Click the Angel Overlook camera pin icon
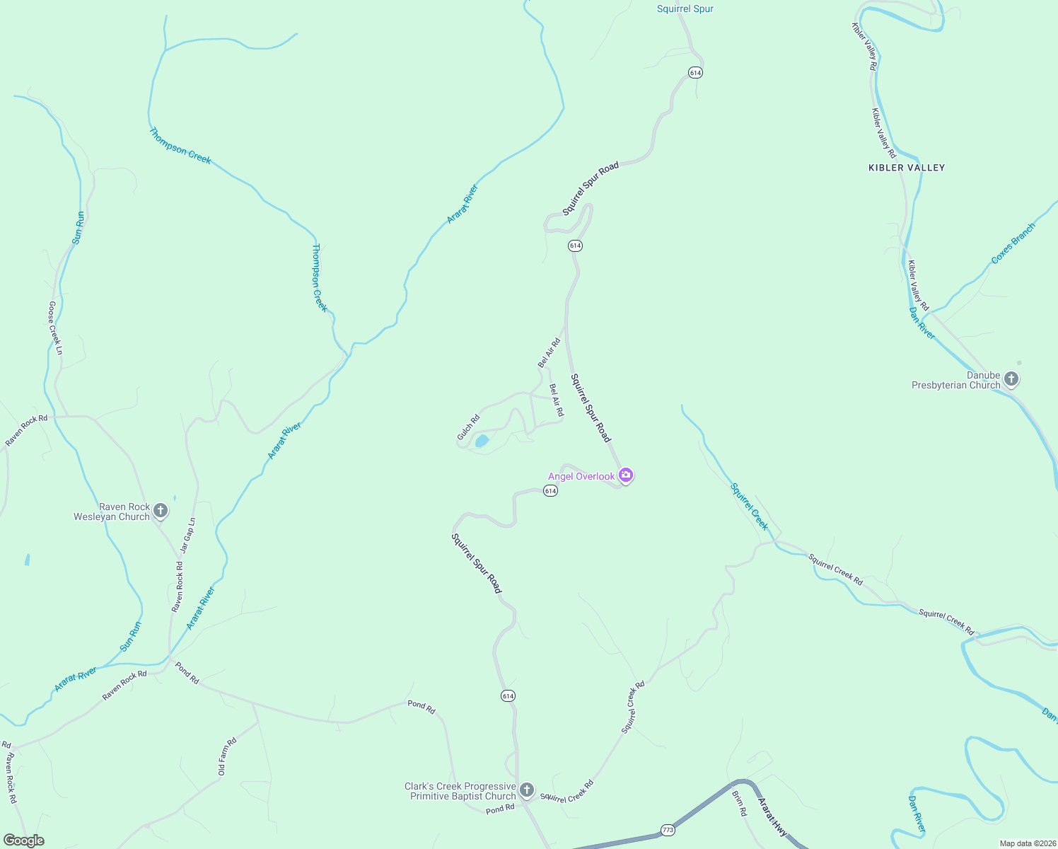(625, 475)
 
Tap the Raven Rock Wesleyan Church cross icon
(161, 510)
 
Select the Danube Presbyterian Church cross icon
(1011, 379)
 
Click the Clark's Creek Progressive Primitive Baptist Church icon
(526, 790)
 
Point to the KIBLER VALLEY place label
(907, 168)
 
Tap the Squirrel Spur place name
(685, 9)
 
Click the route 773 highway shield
(668, 829)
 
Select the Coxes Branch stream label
(1013, 243)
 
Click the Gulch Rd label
(468, 427)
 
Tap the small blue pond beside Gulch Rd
(482, 441)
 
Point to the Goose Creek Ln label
(55, 328)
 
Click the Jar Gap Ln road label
(187, 535)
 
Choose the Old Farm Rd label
(227, 756)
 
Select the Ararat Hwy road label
(772, 817)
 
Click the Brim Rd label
(738, 804)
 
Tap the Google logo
(24, 841)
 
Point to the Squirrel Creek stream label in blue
(749, 506)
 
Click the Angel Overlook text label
(581, 476)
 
